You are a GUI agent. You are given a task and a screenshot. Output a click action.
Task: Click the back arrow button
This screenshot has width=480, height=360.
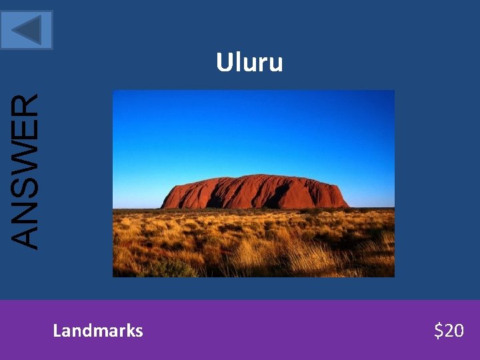pyautogui.click(x=27, y=30)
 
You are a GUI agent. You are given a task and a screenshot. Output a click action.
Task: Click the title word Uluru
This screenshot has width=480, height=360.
pyautogui.click(x=249, y=63)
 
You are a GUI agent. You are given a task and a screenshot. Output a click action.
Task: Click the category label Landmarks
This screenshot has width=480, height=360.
pyautogui.click(x=98, y=330)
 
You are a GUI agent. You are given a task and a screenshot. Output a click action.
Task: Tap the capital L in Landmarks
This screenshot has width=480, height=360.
pyautogui.click(x=57, y=330)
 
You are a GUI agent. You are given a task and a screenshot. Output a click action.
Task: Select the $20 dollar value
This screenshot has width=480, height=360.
pyautogui.click(x=449, y=330)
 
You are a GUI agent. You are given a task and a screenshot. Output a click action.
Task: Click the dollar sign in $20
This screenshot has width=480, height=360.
pyautogui.click(x=438, y=330)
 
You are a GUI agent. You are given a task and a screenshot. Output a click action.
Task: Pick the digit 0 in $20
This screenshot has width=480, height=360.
pyautogui.click(x=459, y=330)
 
